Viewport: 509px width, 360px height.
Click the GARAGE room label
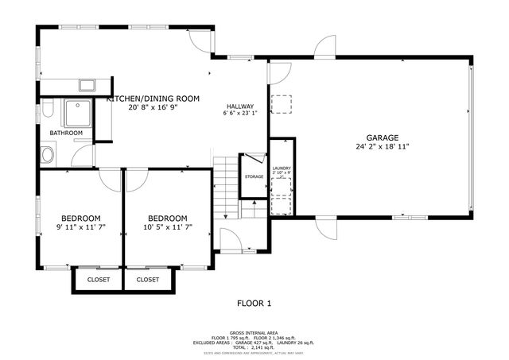[x=383, y=137]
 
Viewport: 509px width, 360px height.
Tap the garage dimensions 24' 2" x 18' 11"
[x=383, y=147]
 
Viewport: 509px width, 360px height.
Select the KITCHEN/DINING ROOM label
[x=151, y=97]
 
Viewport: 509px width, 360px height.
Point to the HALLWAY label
[x=239, y=106]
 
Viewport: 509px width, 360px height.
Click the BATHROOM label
[x=66, y=133]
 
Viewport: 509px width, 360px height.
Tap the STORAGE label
[x=254, y=176]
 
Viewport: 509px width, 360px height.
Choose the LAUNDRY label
[x=282, y=168]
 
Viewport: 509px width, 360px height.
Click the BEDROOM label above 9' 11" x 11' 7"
[x=81, y=219]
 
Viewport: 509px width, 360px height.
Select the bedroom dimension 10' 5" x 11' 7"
[x=168, y=227]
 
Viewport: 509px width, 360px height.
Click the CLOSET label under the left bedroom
[x=99, y=280]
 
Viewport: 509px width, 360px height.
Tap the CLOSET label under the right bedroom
[x=147, y=280]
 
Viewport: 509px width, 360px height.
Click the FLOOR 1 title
[x=254, y=303]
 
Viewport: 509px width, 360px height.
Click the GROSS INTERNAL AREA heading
[x=254, y=332]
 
